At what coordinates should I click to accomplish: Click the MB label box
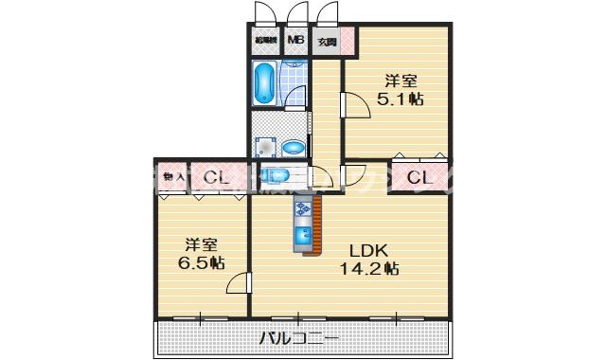click(296, 41)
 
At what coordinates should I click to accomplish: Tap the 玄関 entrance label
click(326, 42)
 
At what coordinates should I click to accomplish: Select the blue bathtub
click(264, 83)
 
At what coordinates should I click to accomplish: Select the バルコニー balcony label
click(299, 338)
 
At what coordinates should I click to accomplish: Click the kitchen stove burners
click(305, 208)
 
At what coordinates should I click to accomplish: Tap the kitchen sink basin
click(305, 235)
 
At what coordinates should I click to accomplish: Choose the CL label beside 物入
click(214, 177)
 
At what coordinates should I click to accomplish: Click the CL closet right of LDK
click(419, 176)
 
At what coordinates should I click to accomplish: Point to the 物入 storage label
click(173, 176)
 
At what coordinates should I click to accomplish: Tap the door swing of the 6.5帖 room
click(239, 282)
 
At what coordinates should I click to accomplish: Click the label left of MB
click(265, 41)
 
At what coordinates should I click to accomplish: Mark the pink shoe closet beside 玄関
click(347, 41)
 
